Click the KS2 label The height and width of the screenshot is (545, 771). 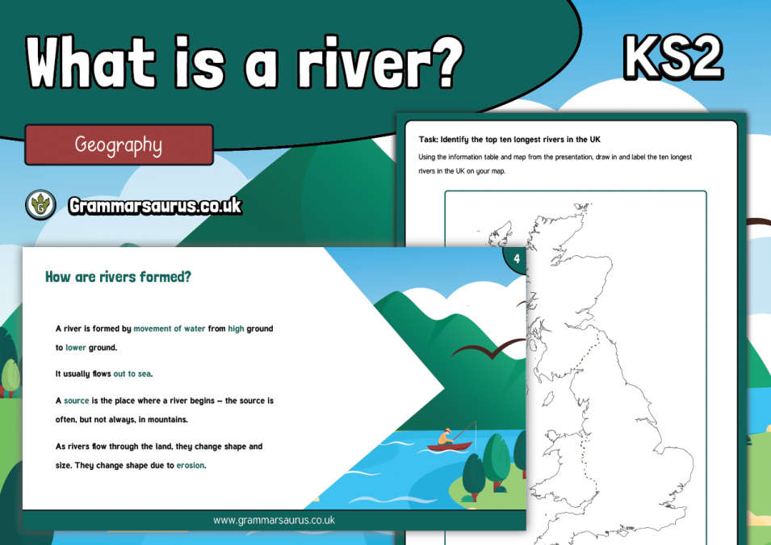pos(672,57)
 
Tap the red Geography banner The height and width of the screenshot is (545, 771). pos(119,145)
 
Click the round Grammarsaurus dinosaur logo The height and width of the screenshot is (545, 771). pos(40,205)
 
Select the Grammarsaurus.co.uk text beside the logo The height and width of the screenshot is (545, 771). pos(155,206)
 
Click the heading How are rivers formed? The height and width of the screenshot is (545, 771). pos(118,277)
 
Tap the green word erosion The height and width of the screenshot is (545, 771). pos(191,465)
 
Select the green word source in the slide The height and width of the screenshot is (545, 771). pos(77,400)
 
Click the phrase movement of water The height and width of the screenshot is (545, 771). pos(170,329)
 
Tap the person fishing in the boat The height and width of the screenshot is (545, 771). pos(445,437)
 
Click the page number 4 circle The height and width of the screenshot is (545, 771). pos(516,258)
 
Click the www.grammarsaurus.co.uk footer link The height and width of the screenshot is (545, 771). pos(274,521)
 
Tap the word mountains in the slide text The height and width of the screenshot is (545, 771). pos(170,420)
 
